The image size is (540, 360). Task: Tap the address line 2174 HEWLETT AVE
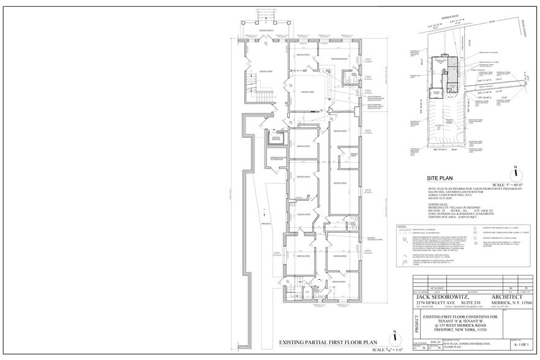tap(437, 304)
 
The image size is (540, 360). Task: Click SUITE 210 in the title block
tap(473, 304)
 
